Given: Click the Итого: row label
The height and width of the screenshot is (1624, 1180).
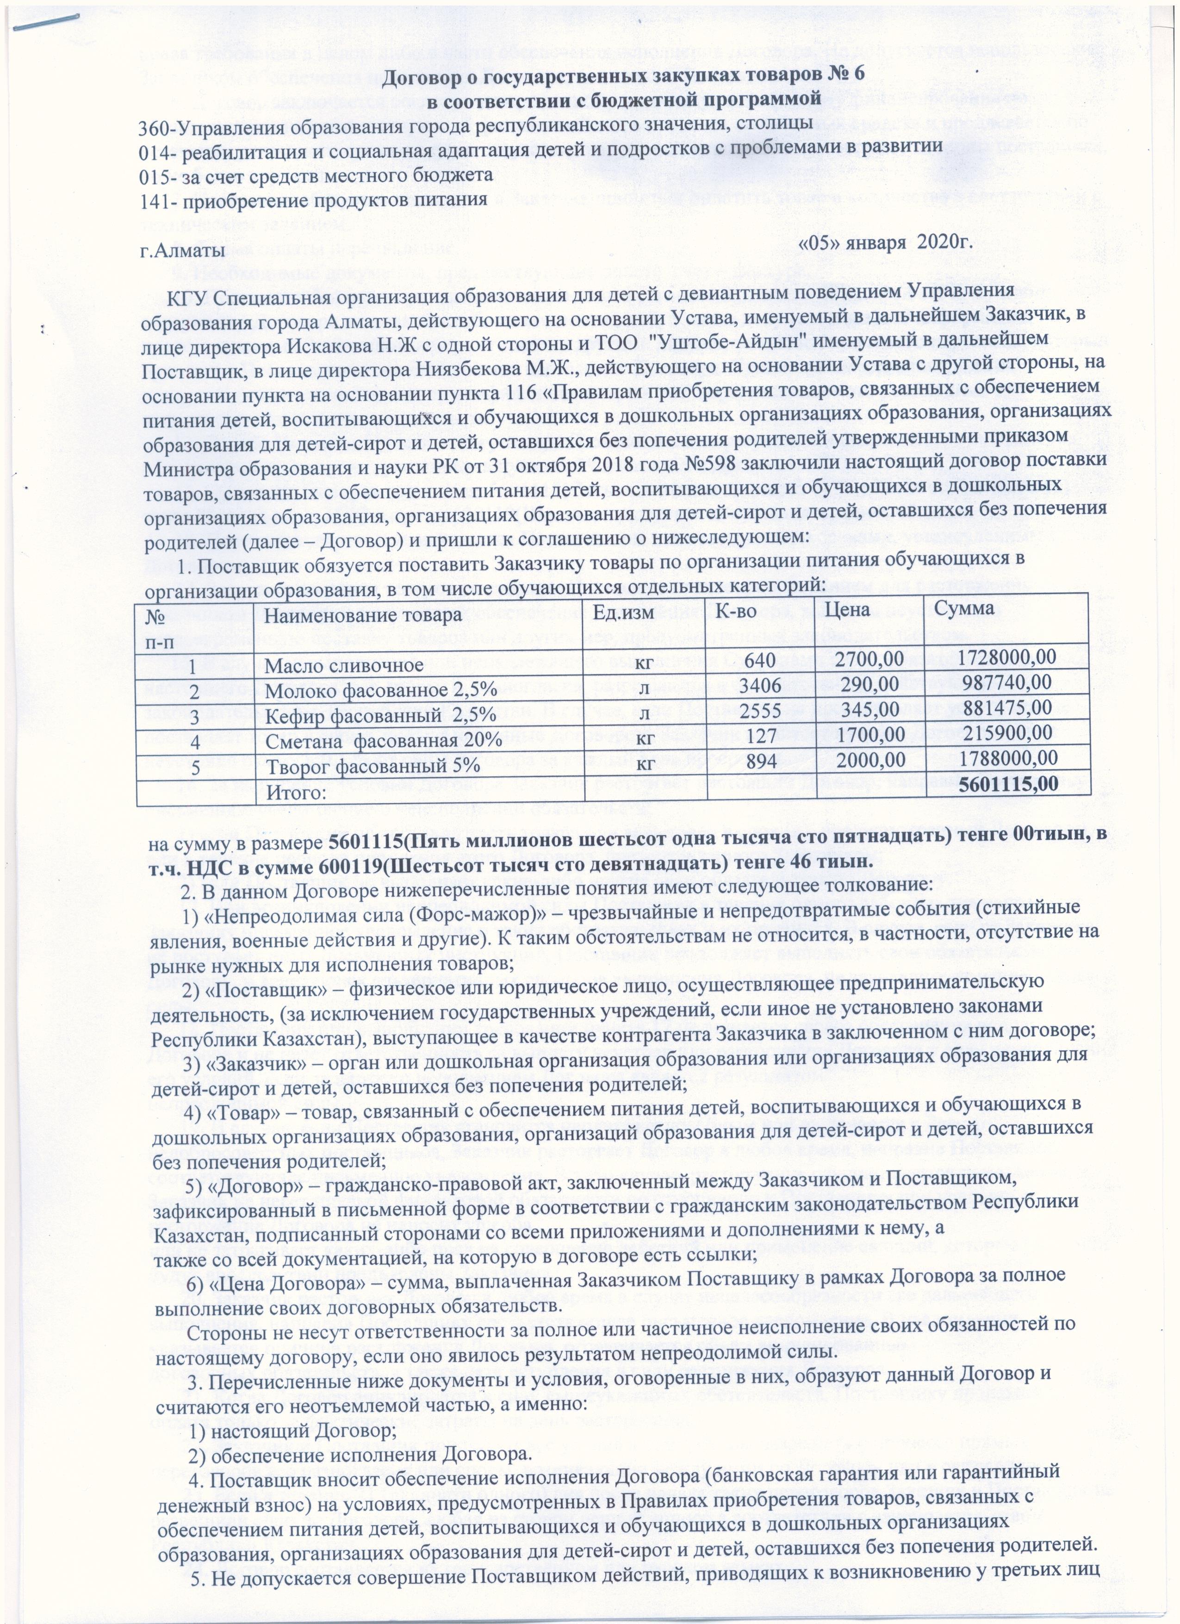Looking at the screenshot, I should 297,792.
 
